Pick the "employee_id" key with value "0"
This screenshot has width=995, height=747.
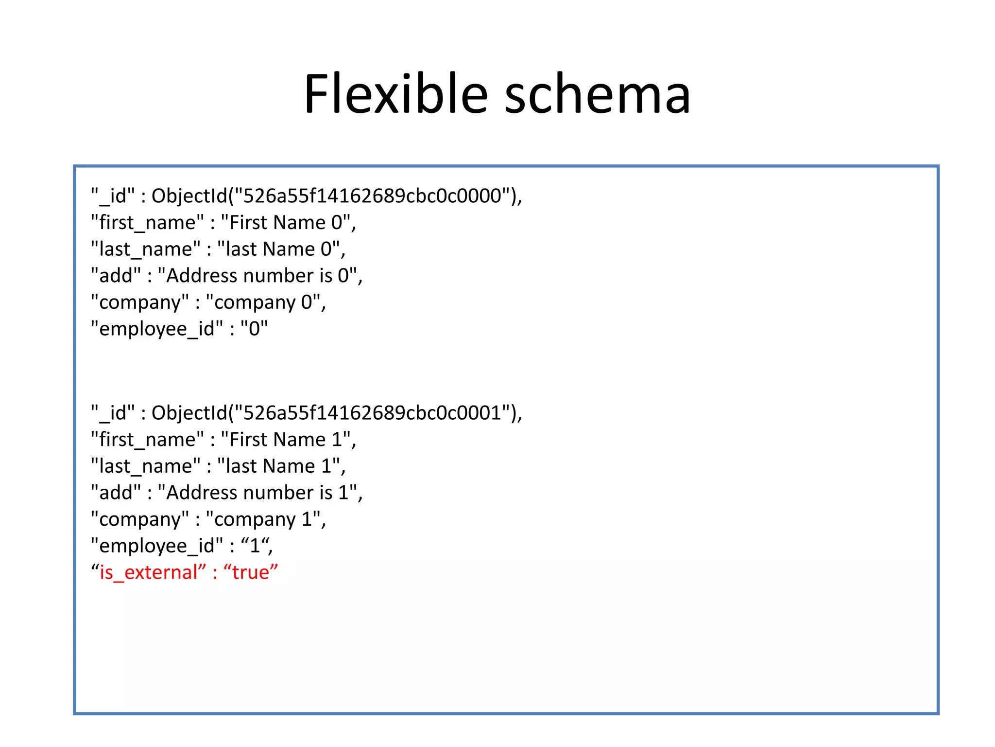point(157,329)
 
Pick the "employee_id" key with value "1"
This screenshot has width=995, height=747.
point(157,546)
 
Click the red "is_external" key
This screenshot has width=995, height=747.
point(149,572)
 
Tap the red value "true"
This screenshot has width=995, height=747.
point(251,572)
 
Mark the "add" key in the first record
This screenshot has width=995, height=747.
point(116,276)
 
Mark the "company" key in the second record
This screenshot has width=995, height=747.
point(140,519)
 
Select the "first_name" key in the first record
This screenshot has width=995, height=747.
point(147,223)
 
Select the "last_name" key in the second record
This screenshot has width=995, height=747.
point(145,466)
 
